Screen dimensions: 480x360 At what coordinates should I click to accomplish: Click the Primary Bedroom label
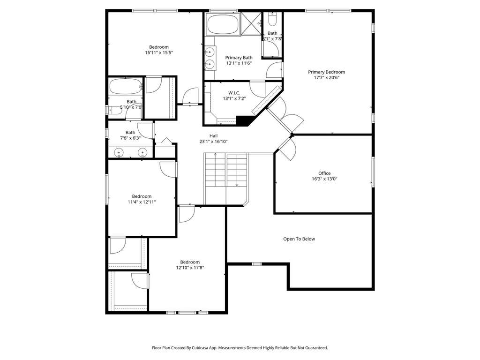click(326, 72)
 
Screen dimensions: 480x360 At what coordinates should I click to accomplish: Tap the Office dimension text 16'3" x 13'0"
click(324, 179)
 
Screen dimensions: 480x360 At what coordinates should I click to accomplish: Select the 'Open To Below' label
click(299, 239)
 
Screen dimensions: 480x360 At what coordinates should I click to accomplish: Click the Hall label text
click(214, 135)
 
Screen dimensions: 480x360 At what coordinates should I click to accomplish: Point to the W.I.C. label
click(234, 93)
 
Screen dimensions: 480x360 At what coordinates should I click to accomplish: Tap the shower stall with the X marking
click(251, 23)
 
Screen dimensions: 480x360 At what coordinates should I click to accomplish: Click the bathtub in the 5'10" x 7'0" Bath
click(126, 86)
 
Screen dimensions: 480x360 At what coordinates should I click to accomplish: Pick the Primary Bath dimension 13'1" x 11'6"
click(239, 63)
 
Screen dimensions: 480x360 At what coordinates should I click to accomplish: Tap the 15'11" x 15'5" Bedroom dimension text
click(159, 52)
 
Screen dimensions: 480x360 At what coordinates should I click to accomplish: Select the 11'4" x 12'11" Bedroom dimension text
click(142, 202)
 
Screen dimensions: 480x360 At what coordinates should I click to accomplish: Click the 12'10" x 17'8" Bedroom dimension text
click(190, 268)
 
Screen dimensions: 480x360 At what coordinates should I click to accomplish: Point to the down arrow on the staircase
click(237, 185)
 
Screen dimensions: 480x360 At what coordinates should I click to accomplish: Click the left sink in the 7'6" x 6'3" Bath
click(119, 152)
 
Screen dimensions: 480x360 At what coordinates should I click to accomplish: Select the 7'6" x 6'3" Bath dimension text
click(130, 138)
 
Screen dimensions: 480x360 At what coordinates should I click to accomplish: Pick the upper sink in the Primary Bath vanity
click(210, 52)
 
